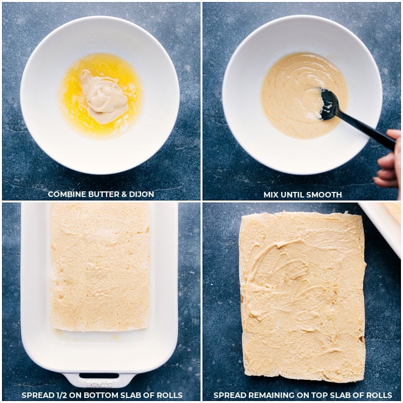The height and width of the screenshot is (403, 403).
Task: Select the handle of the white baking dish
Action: pyautogui.click(x=99, y=378)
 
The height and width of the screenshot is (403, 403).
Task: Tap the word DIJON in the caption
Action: pyautogui.click(x=142, y=194)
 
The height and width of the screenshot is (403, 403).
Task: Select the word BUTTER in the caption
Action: pyautogui.click(x=102, y=194)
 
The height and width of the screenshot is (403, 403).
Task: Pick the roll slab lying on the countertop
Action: pyautogui.click(x=302, y=297)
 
